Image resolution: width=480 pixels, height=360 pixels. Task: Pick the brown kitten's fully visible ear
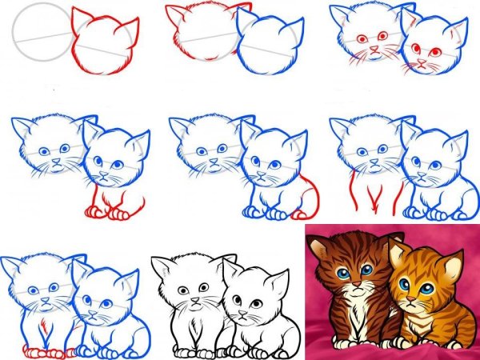[x=320, y=248]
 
